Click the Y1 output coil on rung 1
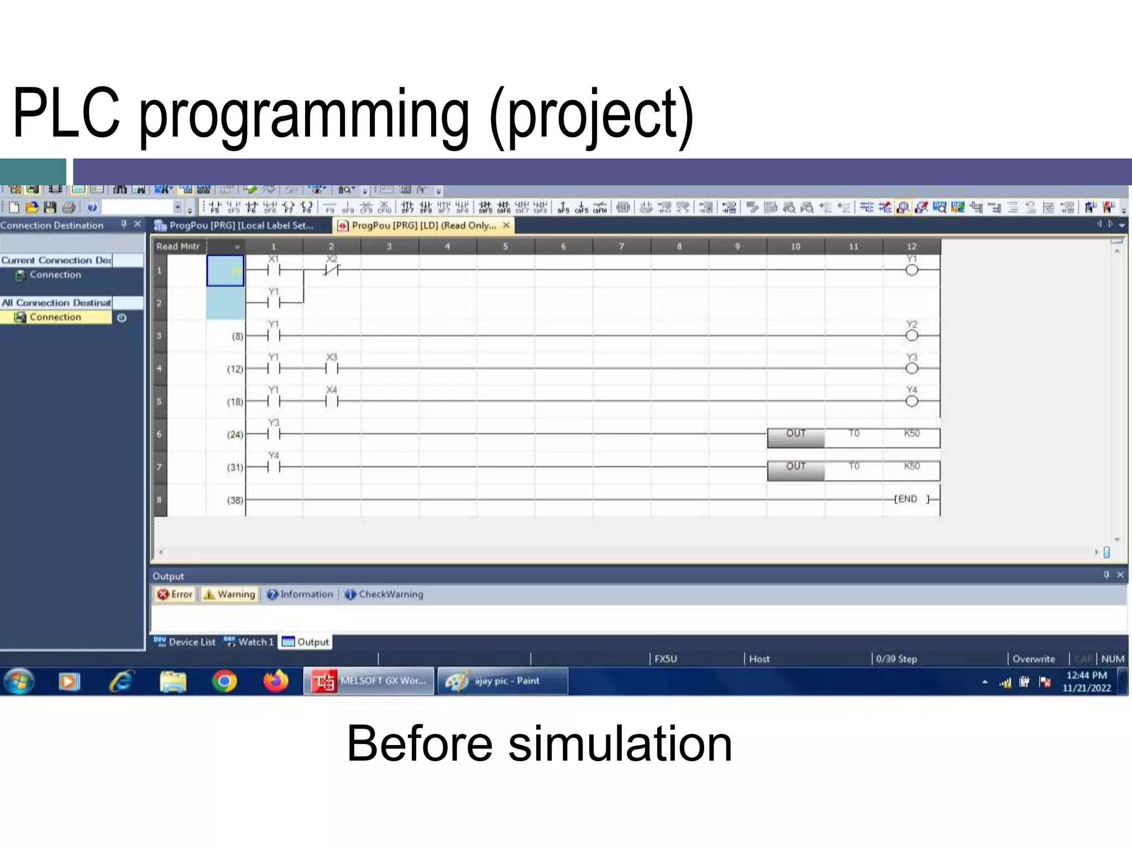[911, 270]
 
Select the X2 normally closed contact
[331, 270]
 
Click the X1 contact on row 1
[274, 270]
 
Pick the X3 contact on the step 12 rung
[331, 368]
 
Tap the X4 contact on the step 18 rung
[331, 401]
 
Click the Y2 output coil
[911, 336]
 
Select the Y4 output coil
[911, 401]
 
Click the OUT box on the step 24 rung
[795, 437]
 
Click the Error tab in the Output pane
[175, 594]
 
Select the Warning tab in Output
[230, 594]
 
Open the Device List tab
[185, 642]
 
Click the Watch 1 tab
[249, 642]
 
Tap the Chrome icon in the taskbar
[224, 681]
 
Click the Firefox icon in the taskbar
[276, 681]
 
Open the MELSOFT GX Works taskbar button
[369, 681]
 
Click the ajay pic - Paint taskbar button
[502, 681]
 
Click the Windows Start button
[19, 681]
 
